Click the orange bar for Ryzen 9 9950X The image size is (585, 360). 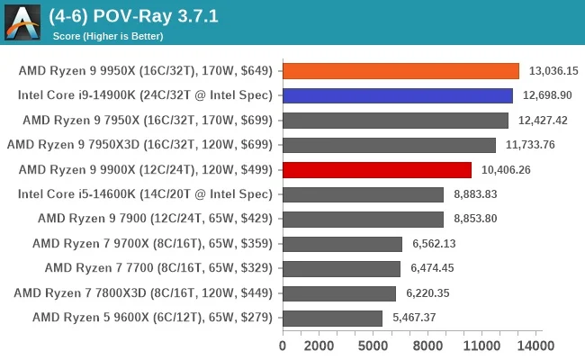coord(400,70)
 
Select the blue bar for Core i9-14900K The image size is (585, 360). coord(397,95)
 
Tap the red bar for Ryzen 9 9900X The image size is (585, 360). coord(376,169)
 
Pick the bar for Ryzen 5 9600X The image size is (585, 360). coord(332,318)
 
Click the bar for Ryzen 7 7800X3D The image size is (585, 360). coord(339,292)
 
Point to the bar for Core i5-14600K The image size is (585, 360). coord(363,194)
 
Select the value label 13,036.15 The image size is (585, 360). coord(553,70)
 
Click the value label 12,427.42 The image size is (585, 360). coord(543,120)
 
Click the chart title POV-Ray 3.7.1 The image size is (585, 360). coord(135,16)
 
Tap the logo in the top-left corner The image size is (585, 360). coord(22,22)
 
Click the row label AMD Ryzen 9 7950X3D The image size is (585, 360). coord(139,145)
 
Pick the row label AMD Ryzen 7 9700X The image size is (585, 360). coord(152,243)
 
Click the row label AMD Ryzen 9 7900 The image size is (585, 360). coord(155,219)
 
